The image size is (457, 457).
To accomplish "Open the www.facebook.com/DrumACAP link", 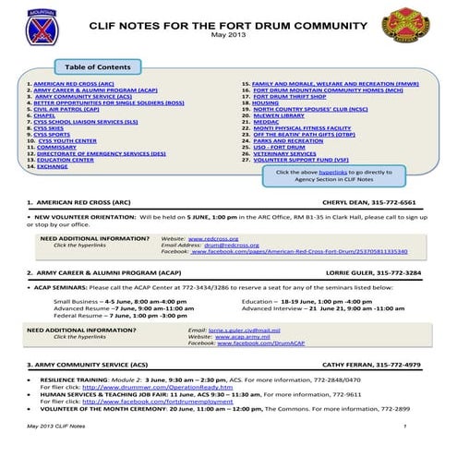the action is click(x=254, y=343).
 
